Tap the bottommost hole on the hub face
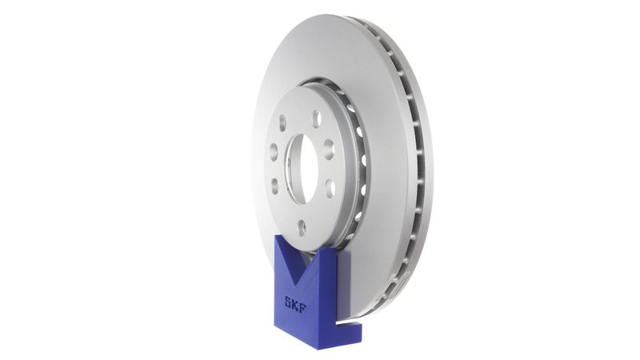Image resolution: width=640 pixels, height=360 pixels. tap(302, 226)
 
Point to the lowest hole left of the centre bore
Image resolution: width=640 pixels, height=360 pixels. tap(275, 186)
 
